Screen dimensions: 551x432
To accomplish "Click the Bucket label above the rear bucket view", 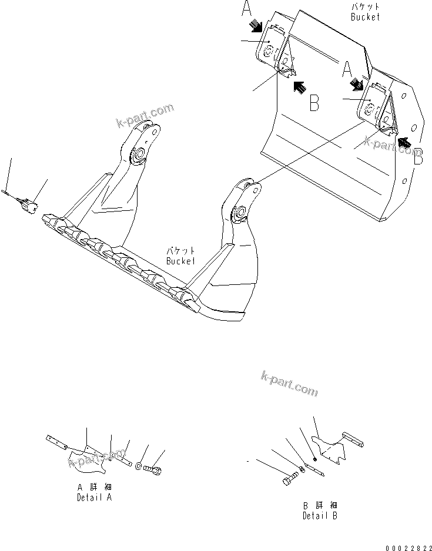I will point(365,12).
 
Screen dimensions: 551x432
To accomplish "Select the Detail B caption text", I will point(320,510).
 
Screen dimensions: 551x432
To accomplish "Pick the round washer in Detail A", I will point(138,466).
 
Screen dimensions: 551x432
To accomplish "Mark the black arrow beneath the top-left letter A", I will point(255,25).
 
